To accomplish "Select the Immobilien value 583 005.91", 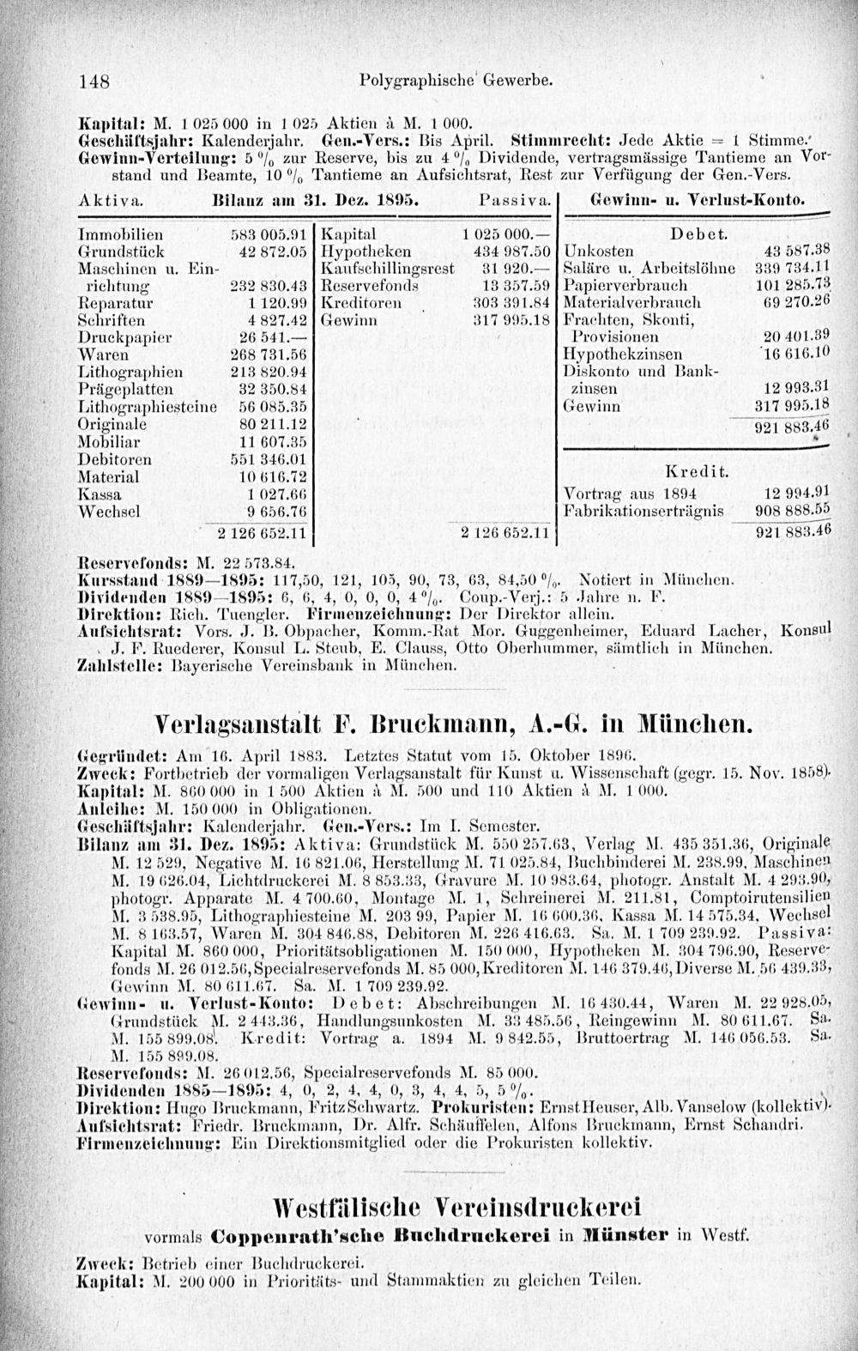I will (269, 232).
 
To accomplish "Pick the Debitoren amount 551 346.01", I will (269, 458).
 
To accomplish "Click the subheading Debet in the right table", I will (698, 233).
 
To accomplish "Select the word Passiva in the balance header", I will (504, 200).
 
